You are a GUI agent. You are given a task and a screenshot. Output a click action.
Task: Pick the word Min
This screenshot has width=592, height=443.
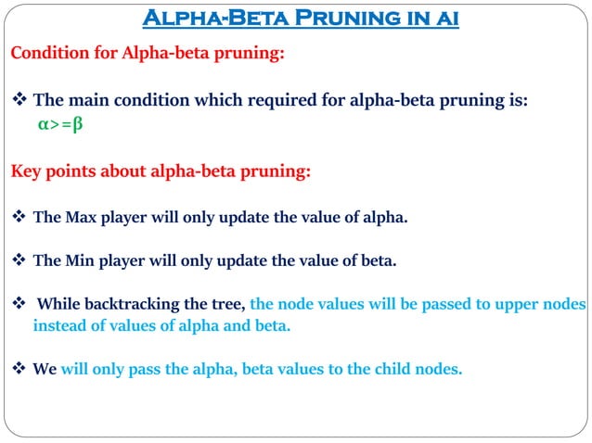pyautogui.click(x=80, y=260)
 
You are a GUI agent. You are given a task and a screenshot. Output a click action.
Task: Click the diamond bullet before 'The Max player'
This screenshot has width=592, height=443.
pyautogui.click(x=19, y=218)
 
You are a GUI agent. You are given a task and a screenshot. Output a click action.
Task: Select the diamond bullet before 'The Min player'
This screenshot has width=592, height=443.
pyautogui.click(x=19, y=260)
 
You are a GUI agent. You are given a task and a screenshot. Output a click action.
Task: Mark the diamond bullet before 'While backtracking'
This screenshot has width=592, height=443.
pyautogui.click(x=19, y=304)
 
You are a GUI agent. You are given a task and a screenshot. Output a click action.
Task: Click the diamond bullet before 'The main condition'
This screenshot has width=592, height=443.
pyautogui.click(x=19, y=102)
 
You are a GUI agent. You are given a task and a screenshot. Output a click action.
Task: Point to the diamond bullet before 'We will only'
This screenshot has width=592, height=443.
pyautogui.click(x=19, y=368)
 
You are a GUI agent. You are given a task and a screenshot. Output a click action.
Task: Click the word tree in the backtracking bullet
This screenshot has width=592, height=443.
pyautogui.click(x=230, y=304)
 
